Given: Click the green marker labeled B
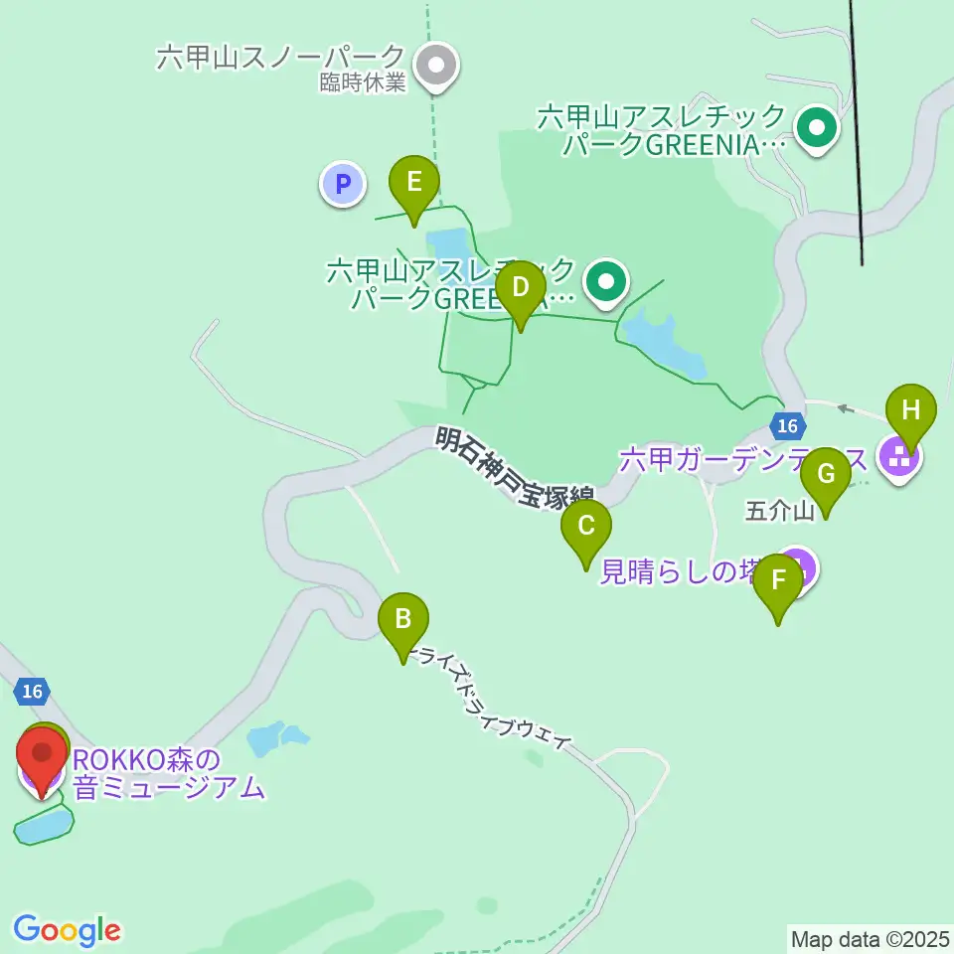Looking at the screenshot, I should pos(402,620).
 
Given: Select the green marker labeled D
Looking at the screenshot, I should pos(520,288).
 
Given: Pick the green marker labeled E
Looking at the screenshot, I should pos(413,183).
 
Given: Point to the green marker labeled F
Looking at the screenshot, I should pos(778,581).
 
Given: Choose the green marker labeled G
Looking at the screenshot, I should pos(825,475).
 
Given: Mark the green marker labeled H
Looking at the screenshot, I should pos(911,410).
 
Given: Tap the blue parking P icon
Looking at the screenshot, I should pos(343,184).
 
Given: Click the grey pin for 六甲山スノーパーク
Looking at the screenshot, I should pos(435,68).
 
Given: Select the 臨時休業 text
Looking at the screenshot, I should pos(363,83).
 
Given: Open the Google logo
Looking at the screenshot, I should pos(68,930).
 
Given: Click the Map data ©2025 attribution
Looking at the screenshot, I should pos(868,937).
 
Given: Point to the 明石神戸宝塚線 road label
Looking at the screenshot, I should pos(515,468).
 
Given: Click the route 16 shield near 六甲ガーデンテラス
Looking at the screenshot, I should pos(787,426).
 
